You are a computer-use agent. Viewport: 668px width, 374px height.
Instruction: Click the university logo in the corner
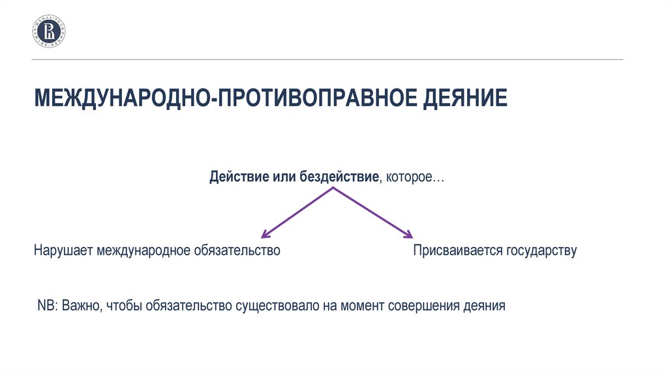pyautogui.click(x=49, y=31)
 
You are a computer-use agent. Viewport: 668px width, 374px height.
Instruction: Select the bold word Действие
pyautogui.click(x=233, y=176)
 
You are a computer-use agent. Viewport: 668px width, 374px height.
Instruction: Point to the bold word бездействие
pyautogui.click(x=339, y=176)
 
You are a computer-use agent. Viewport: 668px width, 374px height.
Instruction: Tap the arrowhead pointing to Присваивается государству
pyautogui.click(x=408, y=234)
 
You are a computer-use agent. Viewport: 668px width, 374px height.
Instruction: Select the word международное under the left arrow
pyautogui.click(x=143, y=250)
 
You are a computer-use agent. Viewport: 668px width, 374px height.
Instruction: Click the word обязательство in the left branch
pyautogui.click(x=237, y=250)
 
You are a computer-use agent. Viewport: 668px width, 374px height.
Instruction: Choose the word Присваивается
pyautogui.click(x=457, y=250)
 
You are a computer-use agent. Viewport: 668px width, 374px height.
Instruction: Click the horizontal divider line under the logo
pyautogui.click(x=327, y=59)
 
